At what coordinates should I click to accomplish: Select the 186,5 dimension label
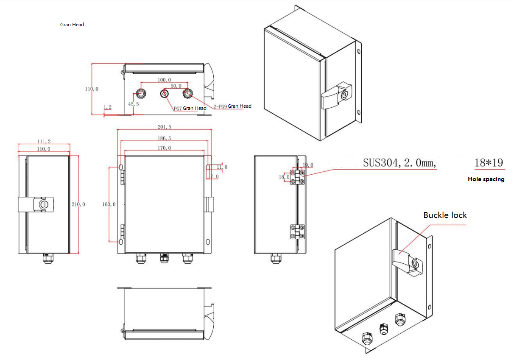click(x=164, y=138)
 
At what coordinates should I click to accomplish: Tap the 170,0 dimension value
click(x=164, y=148)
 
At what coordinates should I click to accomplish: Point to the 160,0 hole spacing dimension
click(x=109, y=204)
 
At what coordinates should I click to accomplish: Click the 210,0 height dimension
click(x=78, y=204)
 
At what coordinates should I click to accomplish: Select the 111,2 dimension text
click(x=44, y=141)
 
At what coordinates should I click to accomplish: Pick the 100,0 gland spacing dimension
click(x=164, y=80)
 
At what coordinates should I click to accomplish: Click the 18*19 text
click(x=489, y=163)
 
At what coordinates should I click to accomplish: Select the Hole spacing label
click(x=486, y=179)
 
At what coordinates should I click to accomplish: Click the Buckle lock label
click(x=445, y=215)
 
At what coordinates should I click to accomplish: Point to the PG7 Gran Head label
click(x=190, y=108)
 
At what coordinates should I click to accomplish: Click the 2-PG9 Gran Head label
click(x=232, y=106)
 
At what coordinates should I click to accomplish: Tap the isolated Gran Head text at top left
click(x=72, y=25)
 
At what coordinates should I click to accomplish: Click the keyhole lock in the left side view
click(x=43, y=204)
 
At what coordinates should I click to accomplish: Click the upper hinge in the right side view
click(x=297, y=177)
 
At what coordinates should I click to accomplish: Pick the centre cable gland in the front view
click(x=163, y=257)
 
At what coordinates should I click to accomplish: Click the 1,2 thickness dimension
click(x=107, y=108)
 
